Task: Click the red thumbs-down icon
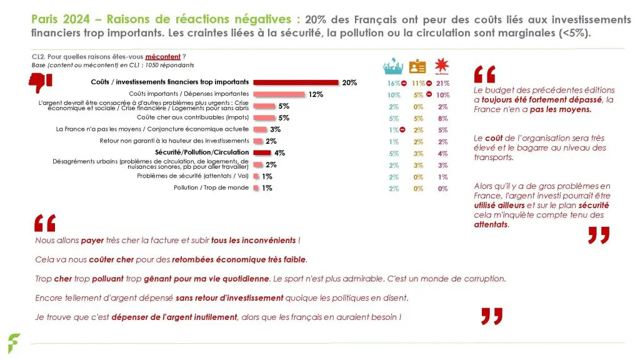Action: pos(41,82)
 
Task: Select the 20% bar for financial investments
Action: pos(296,82)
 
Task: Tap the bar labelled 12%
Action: pos(278,94)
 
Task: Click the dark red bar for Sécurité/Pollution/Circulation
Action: pos(262,152)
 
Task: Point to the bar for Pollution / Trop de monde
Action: pos(256,188)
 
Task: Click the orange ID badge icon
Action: pos(417,66)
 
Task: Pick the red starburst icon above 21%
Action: pos(443,66)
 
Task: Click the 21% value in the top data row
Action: pos(443,83)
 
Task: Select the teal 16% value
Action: pos(391,83)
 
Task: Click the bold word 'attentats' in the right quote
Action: pos(491,224)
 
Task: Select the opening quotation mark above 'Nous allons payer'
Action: pos(45,223)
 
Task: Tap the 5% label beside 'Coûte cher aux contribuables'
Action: pos(284,117)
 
